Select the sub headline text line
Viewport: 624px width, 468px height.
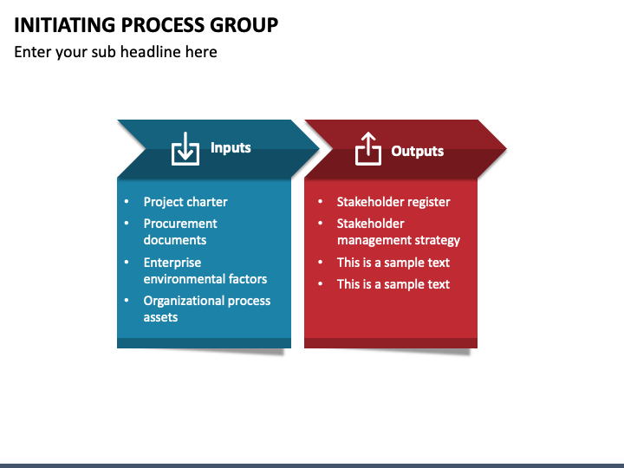(x=115, y=52)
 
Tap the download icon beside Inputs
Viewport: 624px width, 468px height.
(x=185, y=149)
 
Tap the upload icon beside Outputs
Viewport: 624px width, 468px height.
(x=368, y=149)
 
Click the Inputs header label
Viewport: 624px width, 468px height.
(x=231, y=148)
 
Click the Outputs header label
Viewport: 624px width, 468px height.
(x=417, y=151)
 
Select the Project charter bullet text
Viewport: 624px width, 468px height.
(x=185, y=202)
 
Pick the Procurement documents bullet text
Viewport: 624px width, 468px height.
(x=180, y=231)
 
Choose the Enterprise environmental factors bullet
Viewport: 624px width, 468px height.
(x=205, y=270)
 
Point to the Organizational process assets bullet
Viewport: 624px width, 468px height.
(x=207, y=309)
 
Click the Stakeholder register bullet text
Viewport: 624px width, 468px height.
(x=393, y=202)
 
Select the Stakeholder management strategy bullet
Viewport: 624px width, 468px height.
(x=398, y=231)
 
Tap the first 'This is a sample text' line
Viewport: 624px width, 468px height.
(x=393, y=262)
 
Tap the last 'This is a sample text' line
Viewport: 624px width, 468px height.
(x=393, y=284)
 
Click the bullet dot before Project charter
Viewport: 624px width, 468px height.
(x=127, y=202)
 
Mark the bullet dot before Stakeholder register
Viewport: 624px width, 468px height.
(x=320, y=202)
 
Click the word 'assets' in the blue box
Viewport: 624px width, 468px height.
(x=160, y=317)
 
